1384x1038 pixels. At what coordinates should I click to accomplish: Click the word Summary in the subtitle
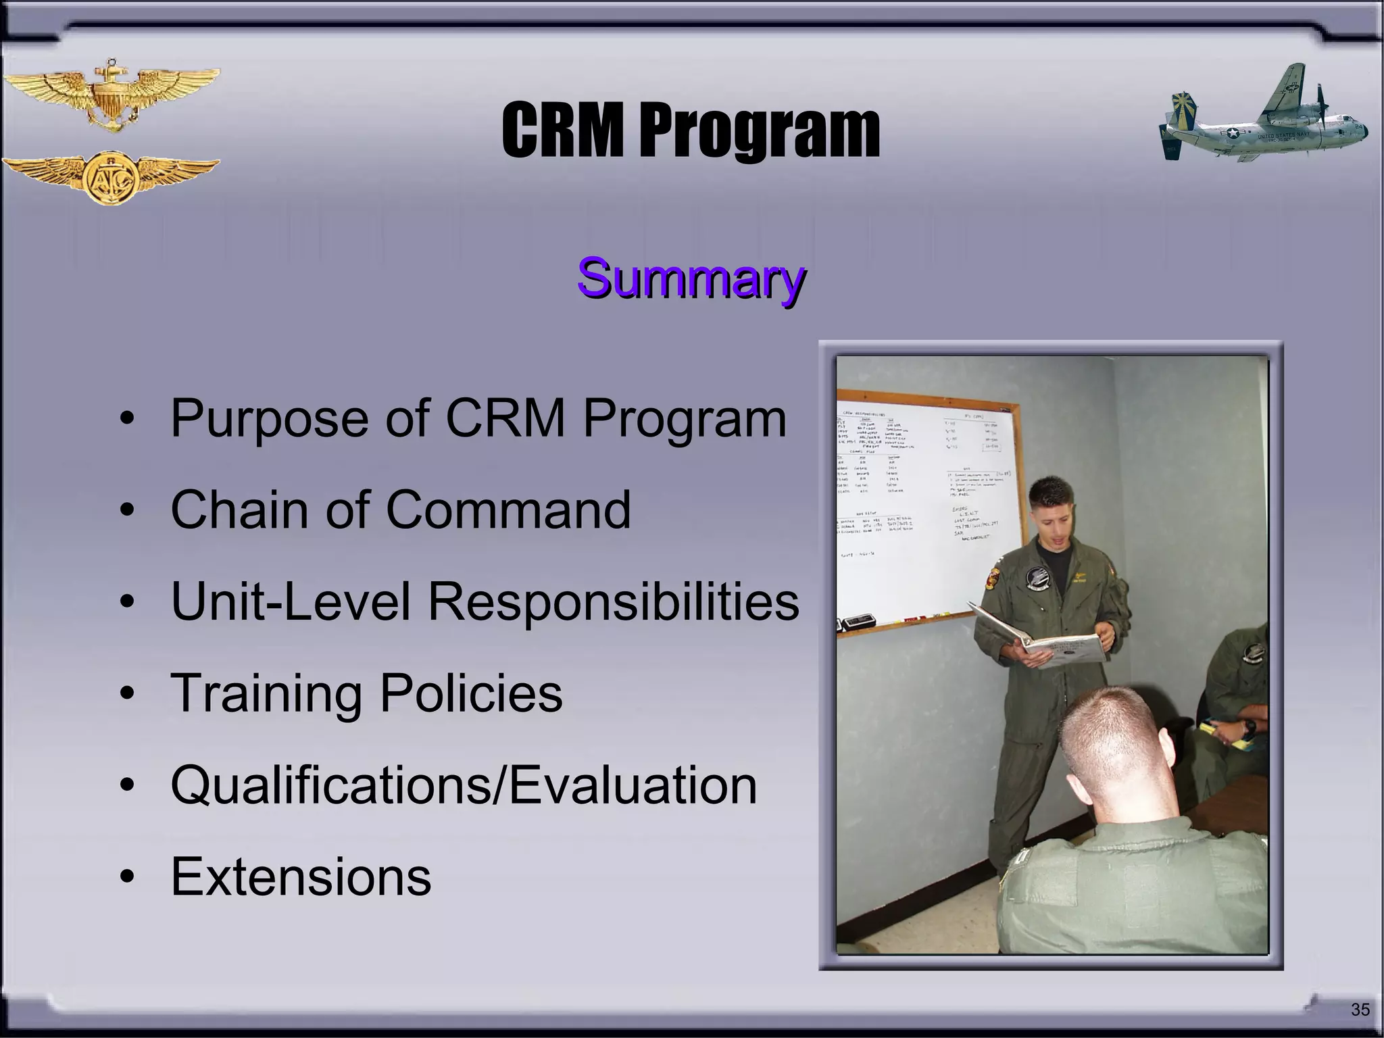click(x=691, y=278)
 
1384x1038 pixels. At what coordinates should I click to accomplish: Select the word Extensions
click(x=301, y=876)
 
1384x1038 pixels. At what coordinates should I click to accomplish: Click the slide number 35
click(x=1360, y=1010)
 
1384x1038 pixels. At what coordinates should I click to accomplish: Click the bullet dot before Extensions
click(x=126, y=878)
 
